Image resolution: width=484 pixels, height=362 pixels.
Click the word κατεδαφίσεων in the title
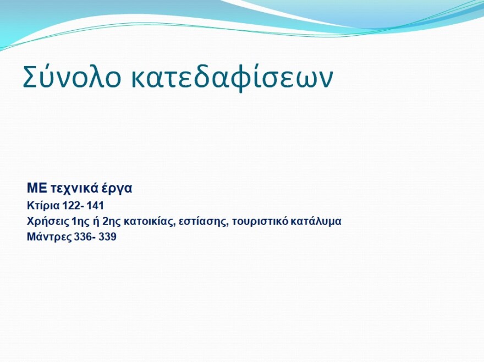click(232, 78)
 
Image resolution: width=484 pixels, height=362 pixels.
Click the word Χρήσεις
click(45, 222)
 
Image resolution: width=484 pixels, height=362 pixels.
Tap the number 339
click(108, 238)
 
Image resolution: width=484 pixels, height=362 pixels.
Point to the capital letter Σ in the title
click(30, 78)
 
